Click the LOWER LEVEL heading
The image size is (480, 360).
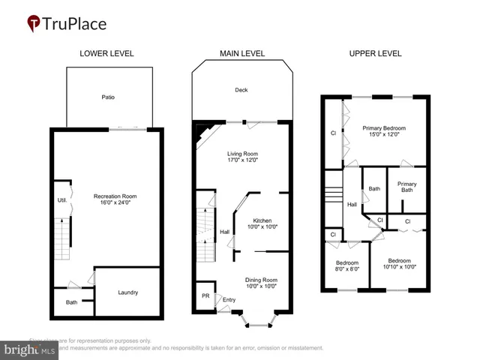coord(106,53)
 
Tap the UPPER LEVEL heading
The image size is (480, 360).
coord(375,53)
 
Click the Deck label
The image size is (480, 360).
coord(241,90)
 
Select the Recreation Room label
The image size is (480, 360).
coord(112,196)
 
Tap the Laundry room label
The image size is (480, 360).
coord(127,292)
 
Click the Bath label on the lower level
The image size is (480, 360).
coord(71,302)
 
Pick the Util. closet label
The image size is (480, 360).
coord(62,200)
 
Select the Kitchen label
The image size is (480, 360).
coord(262,220)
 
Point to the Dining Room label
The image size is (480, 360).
coord(262,280)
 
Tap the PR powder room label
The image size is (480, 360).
coord(205,295)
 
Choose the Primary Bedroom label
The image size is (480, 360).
coord(383,128)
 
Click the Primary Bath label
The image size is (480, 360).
coord(407,187)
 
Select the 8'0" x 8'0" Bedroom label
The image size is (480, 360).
coord(346,263)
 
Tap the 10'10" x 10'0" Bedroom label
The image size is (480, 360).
coord(399,263)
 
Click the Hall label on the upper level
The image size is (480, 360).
coord(352,204)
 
